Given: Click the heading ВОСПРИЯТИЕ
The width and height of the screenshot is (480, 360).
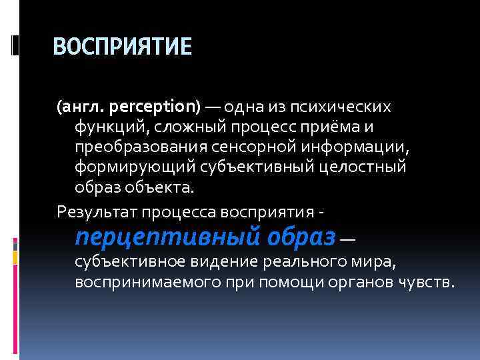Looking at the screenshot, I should point(122,47).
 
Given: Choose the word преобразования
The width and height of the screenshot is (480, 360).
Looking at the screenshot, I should point(134,147).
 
